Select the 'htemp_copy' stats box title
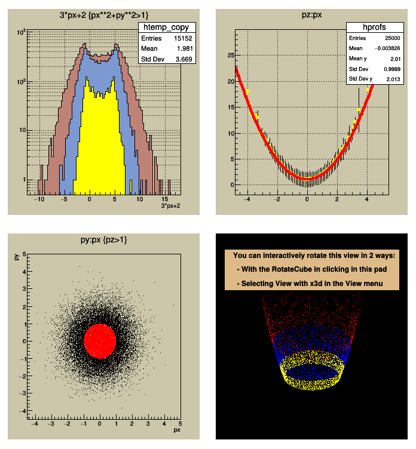tap(167, 27)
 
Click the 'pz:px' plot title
tap(307, 15)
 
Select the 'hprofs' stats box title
tap(372, 27)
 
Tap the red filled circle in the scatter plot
tap(100, 340)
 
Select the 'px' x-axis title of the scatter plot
tap(176, 429)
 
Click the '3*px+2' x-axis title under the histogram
tap(172, 206)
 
